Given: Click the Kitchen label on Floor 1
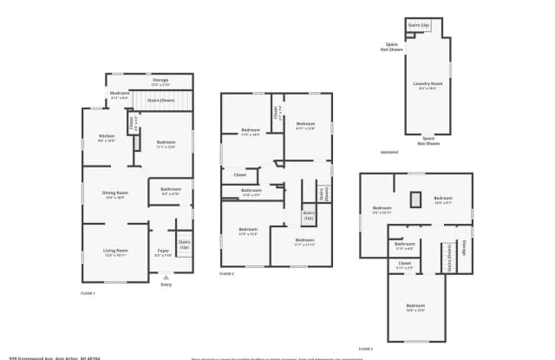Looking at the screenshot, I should point(107,138).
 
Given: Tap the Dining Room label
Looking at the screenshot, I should point(116,193).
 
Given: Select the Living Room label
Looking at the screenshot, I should point(115,252).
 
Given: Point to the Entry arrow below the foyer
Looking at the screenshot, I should point(166,278).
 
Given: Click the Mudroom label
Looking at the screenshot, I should point(119,95).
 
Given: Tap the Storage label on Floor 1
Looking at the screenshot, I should point(160,81).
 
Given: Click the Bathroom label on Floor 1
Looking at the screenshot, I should point(171,191).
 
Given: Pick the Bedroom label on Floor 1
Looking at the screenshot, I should point(166,143).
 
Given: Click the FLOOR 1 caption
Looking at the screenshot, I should point(88,294).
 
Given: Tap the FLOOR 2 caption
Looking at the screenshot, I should point(226,273).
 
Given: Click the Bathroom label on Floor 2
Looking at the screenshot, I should point(251,192).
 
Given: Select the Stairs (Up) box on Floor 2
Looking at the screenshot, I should point(308,214).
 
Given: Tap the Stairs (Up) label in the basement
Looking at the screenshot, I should point(420,25).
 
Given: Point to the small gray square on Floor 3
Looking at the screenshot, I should point(415,200).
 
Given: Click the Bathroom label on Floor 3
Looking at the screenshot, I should point(404,245).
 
